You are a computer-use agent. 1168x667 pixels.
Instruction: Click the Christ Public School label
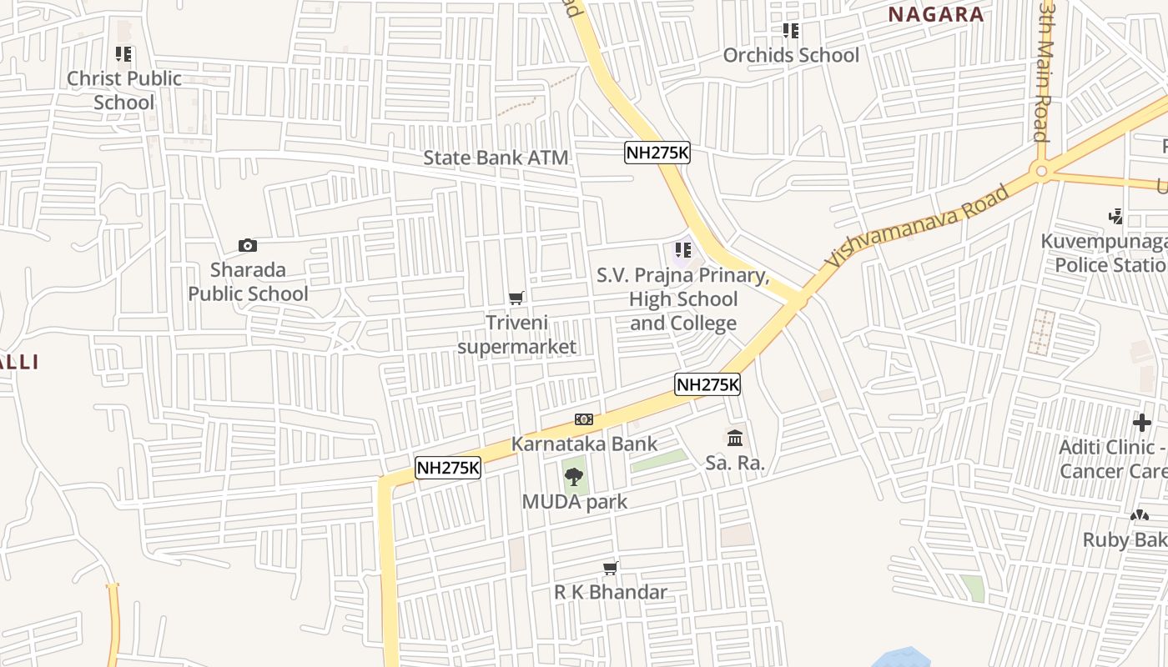[124, 90]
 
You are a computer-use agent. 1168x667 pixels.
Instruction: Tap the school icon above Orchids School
[790, 31]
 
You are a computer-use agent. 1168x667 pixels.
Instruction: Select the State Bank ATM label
[496, 158]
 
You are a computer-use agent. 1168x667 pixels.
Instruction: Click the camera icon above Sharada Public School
[248, 245]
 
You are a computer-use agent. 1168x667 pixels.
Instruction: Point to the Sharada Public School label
[248, 282]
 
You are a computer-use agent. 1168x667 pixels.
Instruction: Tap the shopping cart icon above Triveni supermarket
[516, 298]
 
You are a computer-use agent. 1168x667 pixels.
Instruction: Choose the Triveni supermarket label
[517, 333]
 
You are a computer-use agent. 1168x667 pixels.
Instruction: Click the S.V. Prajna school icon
[683, 249]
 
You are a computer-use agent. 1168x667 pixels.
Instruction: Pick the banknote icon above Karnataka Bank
[584, 419]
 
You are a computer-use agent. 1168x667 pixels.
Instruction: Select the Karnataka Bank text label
[584, 444]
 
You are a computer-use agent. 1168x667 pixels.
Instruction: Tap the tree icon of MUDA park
[573, 477]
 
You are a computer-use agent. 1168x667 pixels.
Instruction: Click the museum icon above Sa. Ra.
[735, 438]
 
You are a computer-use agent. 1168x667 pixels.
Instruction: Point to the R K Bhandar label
[611, 592]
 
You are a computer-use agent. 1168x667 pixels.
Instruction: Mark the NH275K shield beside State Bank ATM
[657, 153]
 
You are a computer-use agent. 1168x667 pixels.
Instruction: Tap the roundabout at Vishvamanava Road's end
[1040, 173]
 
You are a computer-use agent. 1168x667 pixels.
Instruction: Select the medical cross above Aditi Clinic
[1141, 423]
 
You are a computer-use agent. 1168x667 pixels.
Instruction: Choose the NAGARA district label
[935, 14]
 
